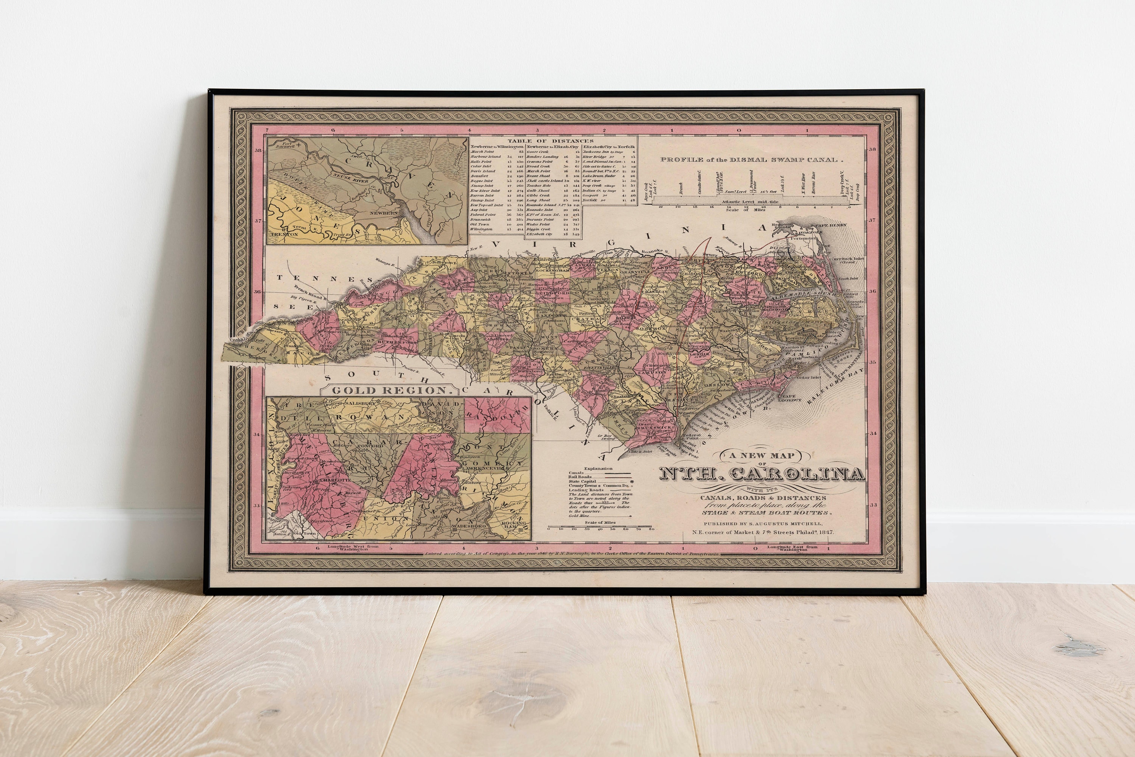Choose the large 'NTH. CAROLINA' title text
[x=762, y=475]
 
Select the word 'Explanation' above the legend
[x=598, y=468]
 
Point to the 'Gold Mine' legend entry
[x=577, y=516]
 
